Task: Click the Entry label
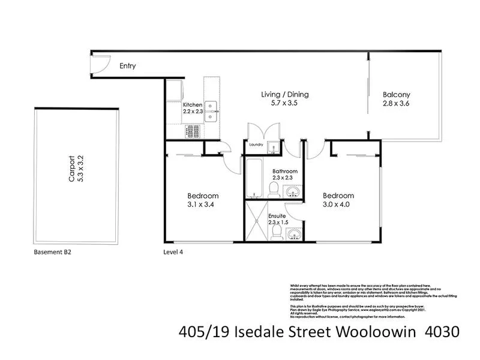(127, 66)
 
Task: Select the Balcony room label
(396, 94)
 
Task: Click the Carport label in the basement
(71, 169)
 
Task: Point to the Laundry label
(256, 144)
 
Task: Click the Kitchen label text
(193, 104)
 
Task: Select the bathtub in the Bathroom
(253, 178)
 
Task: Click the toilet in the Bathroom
(274, 190)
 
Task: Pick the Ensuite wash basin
(293, 233)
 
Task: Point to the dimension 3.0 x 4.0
(338, 205)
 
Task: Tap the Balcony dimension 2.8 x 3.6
(396, 103)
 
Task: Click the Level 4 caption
(173, 252)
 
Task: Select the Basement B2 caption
(52, 252)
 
